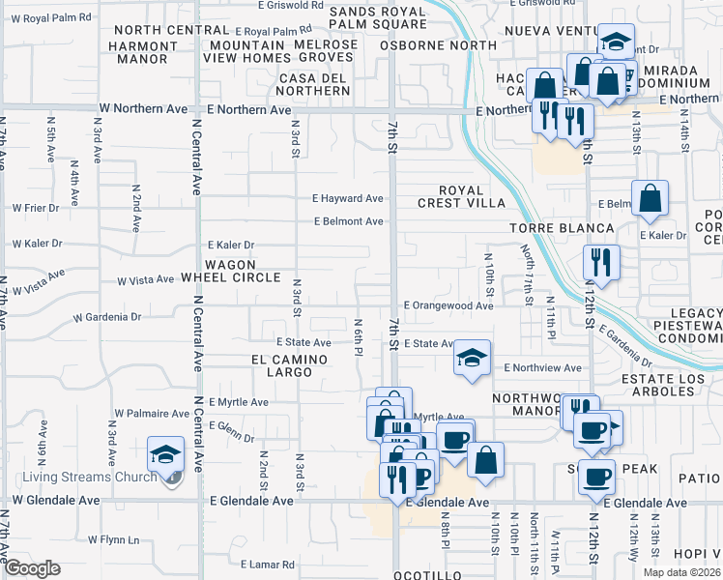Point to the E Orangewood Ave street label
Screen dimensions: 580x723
(x=448, y=305)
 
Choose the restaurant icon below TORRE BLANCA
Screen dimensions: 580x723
(x=600, y=260)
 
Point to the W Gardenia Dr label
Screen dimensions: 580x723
(x=107, y=316)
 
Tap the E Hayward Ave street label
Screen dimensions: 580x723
(x=347, y=198)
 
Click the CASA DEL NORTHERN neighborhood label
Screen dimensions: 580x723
(x=313, y=84)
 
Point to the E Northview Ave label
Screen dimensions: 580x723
(x=543, y=367)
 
